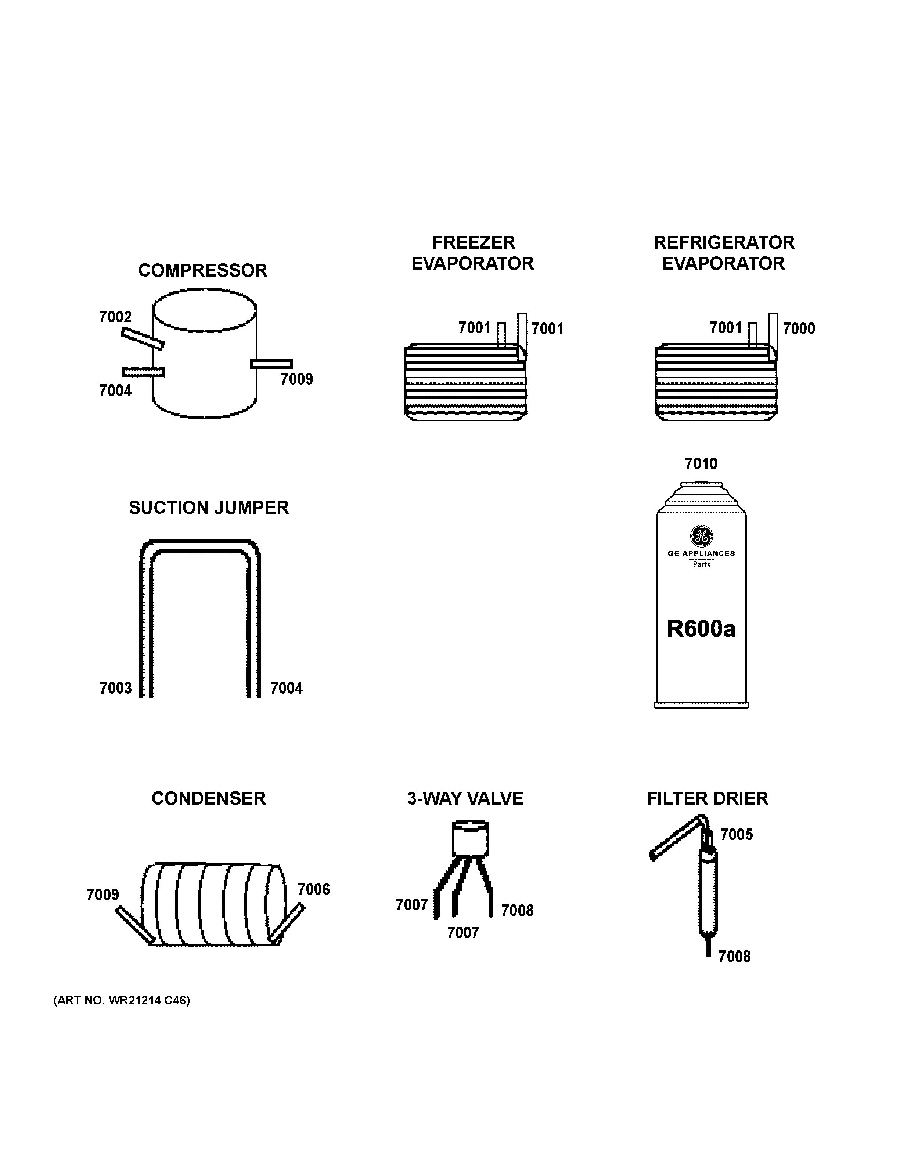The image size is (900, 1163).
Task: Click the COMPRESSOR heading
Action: tap(202, 271)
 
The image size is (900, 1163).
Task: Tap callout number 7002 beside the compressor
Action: tap(115, 317)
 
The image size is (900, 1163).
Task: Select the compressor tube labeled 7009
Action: tap(271, 364)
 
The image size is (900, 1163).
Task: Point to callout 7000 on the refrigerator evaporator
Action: tap(798, 329)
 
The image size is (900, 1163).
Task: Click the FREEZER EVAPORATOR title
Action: tap(473, 253)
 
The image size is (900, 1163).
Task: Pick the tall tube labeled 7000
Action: tap(773, 333)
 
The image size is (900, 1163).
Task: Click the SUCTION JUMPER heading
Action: tap(209, 508)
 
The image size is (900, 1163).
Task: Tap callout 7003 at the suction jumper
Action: tap(116, 688)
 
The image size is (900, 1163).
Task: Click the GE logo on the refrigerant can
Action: tap(701, 536)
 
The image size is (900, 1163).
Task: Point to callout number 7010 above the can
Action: tap(701, 464)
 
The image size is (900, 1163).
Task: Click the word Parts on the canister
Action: tap(701, 564)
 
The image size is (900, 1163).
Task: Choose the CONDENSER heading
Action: tap(208, 798)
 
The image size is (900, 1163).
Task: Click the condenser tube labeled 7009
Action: tap(135, 924)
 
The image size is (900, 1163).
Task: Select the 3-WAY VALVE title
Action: tap(465, 798)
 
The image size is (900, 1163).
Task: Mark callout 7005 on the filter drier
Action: tap(737, 834)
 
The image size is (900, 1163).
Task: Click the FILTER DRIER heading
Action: tap(707, 798)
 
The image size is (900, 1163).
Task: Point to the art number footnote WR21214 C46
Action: tap(122, 1000)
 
